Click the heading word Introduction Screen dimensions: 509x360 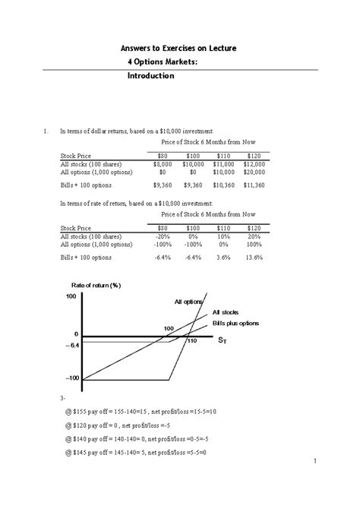(150, 76)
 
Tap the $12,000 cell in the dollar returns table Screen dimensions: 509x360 (254, 164)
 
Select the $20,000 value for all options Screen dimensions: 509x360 (254, 172)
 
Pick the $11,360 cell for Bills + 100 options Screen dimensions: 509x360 (254, 184)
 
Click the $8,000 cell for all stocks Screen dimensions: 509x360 (163, 164)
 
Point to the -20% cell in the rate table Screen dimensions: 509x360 (163, 236)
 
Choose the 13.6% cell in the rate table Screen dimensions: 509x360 (254, 257)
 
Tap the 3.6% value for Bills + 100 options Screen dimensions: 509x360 (223, 257)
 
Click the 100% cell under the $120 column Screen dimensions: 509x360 (254, 245)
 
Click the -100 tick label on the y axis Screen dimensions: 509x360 (71, 378)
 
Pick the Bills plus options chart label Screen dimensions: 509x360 (235, 323)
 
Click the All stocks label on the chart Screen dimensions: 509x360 (226, 312)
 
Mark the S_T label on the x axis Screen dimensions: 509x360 (222, 341)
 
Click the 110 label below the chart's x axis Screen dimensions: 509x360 (191, 342)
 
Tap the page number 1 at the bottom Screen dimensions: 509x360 (314, 461)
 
